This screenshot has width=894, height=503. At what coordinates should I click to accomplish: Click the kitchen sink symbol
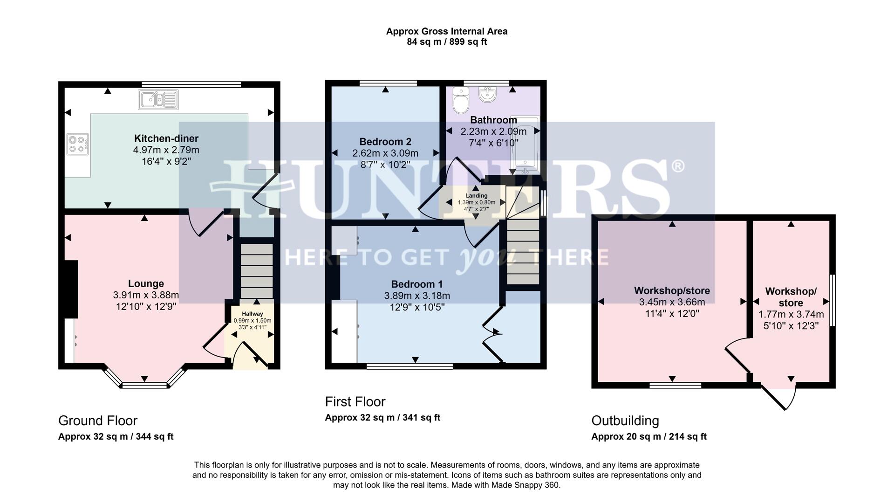[158, 100]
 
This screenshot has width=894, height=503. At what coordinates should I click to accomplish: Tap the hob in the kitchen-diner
[77, 144]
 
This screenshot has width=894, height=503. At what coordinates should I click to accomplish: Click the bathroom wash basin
[488, 95]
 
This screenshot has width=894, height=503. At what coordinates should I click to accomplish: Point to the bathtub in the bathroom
[525, 145]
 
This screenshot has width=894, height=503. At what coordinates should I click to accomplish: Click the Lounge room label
[146, 283]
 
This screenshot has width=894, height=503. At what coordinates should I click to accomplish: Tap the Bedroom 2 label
[385, 142]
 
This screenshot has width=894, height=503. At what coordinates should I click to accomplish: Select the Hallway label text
[252, 314]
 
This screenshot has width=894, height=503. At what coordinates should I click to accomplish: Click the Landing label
[476, 196]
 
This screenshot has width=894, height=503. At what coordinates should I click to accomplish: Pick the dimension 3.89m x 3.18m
[416, 296]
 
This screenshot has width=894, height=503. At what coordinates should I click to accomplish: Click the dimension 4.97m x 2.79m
[166, 150]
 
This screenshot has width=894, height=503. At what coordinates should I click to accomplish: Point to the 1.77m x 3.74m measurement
[791, 314]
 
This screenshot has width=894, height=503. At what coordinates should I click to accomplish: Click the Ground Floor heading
[97, 420]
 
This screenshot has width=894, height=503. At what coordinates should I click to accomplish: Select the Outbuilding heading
[625, 420]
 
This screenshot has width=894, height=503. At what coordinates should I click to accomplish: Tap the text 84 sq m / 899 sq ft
[446, 42]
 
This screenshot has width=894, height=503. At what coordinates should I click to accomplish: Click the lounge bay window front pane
[144, 385]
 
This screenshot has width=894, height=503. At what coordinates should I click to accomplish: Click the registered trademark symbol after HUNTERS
[678, 166]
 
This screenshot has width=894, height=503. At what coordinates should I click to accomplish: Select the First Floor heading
[355, 401]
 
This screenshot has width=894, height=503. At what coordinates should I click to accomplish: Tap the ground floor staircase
[257, 270]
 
